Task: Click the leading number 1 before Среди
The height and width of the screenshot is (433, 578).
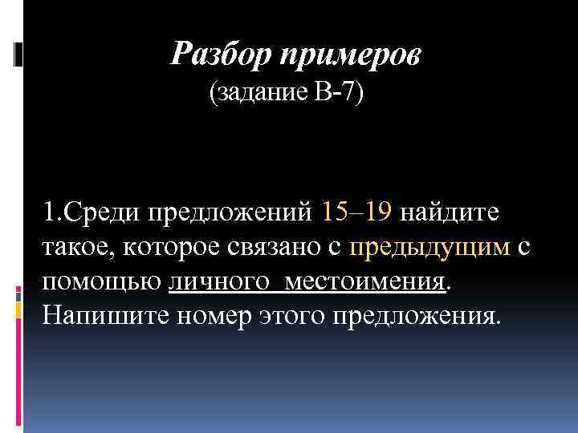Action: coord(50,213)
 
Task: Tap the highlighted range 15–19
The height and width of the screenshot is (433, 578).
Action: coord(356,213)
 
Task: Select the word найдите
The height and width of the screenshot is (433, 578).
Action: coord(450,213)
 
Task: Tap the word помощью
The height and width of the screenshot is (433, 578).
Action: coord(102,282)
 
